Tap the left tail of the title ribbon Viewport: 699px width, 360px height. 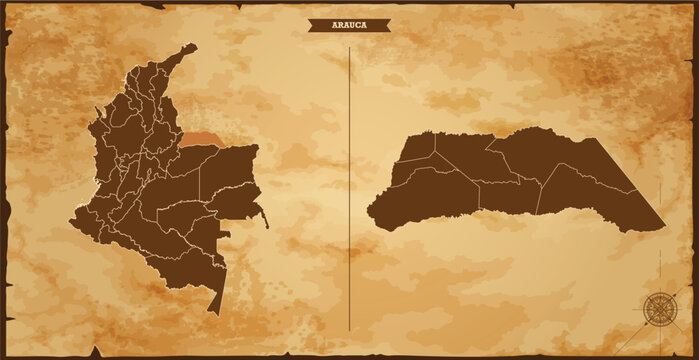click(x=313, y=26)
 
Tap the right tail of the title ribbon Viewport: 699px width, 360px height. click(x=386, y=26)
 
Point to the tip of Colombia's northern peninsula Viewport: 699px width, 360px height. click(x=191, y=45)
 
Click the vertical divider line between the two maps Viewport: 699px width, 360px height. click(x=349, y=190)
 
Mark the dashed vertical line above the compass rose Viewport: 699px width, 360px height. click(x=660, y=265)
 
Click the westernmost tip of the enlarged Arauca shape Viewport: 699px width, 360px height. click(x=368, y=212)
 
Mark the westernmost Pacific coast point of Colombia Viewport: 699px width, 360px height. click(x=72, y=221)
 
